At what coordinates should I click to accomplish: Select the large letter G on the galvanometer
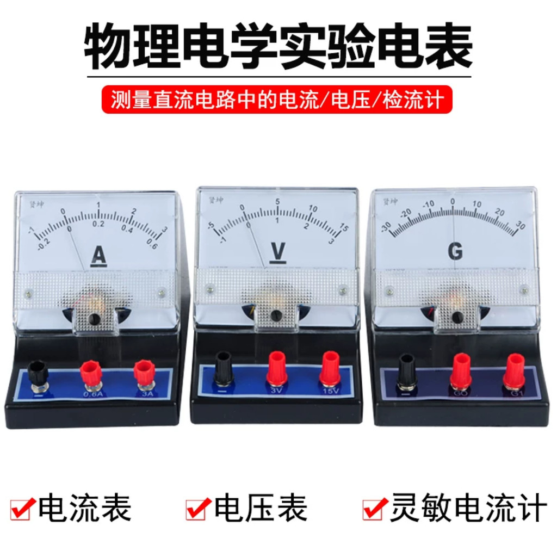[455, 251]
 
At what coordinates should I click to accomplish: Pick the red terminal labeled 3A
[144, 372]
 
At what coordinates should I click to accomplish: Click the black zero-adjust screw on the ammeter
[95, 319]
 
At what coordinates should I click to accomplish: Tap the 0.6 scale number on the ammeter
[152, 246]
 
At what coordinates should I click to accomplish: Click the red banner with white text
[277, 100]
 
